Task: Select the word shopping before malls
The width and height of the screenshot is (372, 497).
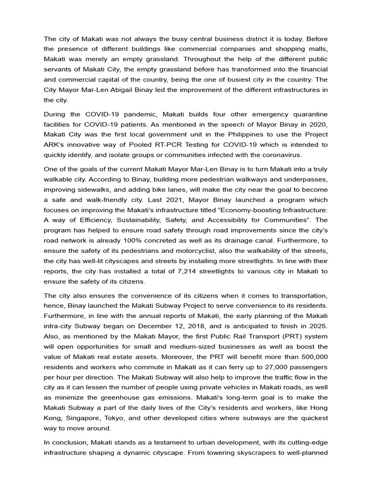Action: pyautogui.click(x=292, y=48)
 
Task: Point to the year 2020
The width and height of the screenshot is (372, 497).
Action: pyautogui.click(x=316, y=124)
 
